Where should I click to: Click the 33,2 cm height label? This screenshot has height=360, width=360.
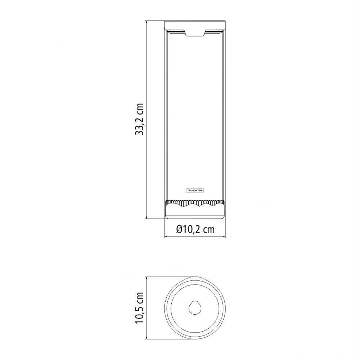tap(139, 119)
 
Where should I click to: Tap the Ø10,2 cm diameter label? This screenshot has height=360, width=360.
tap(195, 229)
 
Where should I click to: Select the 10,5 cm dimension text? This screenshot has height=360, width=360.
tap(139, 308)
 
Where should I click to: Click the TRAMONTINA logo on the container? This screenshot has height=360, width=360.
tap(195, 190)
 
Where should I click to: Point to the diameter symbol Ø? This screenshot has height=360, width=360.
tap(179, 229)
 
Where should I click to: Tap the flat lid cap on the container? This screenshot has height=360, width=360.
tap(195, 25)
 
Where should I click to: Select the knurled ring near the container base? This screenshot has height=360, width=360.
tap(195, 203)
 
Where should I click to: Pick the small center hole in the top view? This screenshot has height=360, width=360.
tap(195, 308)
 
